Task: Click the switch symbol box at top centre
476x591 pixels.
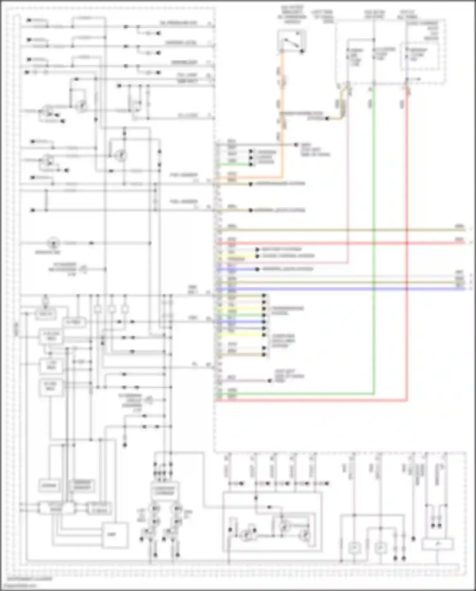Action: click(x=292, y=41)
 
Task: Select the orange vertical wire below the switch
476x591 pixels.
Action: click(x=281, y=95)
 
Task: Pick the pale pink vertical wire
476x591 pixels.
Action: click(x=348, y=191)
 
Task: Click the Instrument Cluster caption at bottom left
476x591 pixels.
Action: click(x=30, y=579)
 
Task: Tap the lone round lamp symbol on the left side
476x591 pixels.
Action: click(x=53, y=243)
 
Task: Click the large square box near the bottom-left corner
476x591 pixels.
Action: click(x=115, y=535)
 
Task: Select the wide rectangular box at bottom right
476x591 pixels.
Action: click(x=437, y=544)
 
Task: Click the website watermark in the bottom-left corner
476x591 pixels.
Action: click(x=21, y=585)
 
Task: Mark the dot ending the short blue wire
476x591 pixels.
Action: click(x=257, y=269)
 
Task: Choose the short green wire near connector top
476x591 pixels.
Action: click(x=235, y=165)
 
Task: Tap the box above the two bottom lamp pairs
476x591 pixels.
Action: click(x=164, y=491)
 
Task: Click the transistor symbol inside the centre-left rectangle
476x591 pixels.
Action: click(x=121, y=156)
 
